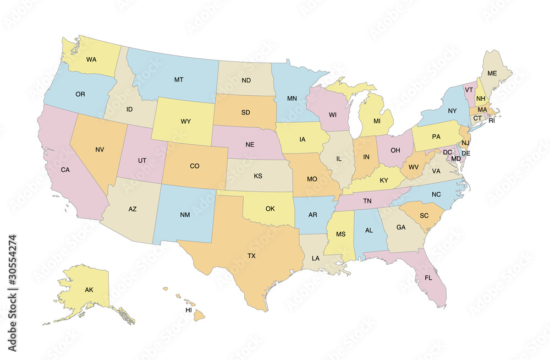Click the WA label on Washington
pyautogui.click(x=91, y=58)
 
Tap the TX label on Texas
pyautogui.click(x=251, y=255)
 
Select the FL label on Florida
pyautogui.click(x=428, y=278)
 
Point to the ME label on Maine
pyautogui.click(x=492, y=73)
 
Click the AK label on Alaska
pyautogui.click(x=89, y=290)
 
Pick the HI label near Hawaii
pyautogui.click(x=189, y=310)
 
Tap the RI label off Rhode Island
pyautogui.click(x=492, y=120)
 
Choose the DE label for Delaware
pyautogui.click(x=465, y=153)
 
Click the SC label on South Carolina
pyautogui.click(x=424, y=215)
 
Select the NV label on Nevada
pyautogui.click(x=100, y=149)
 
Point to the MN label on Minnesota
pyautogui.click(x=293, y=99)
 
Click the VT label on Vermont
pyautogui.click(x=469, y=90)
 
